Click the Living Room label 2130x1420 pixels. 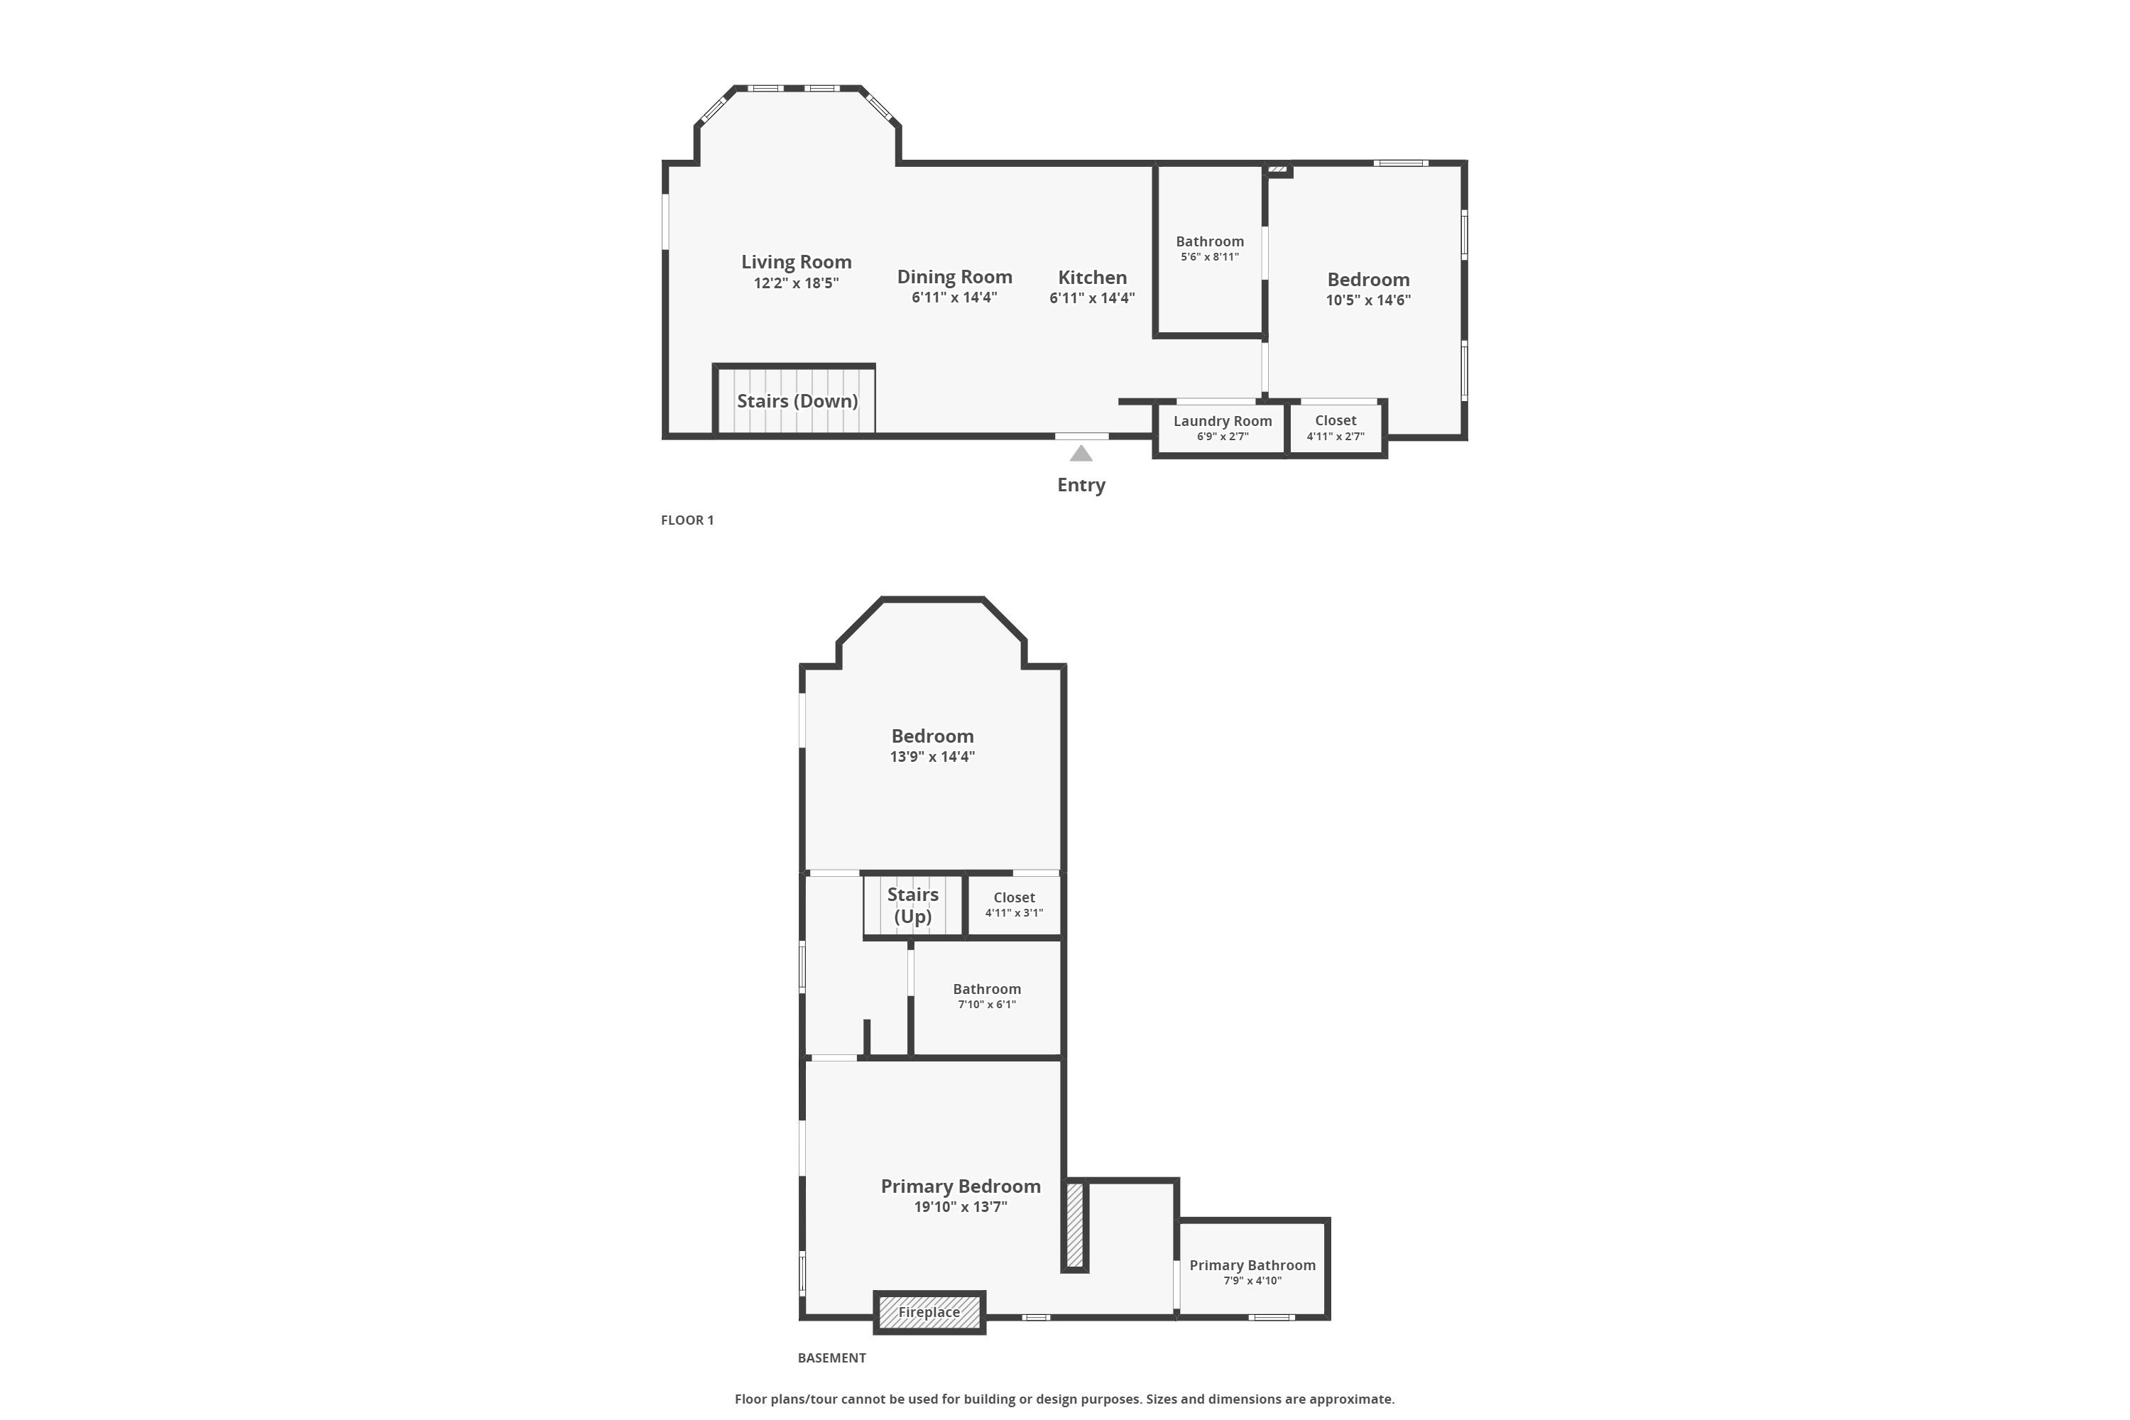pyautogui.click(x=796, y=262)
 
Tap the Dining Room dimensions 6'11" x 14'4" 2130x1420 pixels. pyautogui.click(x=954, y=297)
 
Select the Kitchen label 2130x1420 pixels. pyautogui.click(x=1092, y=277)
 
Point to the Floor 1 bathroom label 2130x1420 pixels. pyautogui.click(x=1209, y=241)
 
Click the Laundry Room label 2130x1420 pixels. pyautogui.click(x=1223, y=420)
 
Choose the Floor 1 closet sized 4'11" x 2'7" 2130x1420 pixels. pyautogui.click(x=1335, y=427)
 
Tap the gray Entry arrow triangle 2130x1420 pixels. pyautogui.click(x=1081, y=454)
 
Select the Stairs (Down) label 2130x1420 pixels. pyautogui.click(x=797, y=400)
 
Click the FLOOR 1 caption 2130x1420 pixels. pyautogui.click(x=687, y=520)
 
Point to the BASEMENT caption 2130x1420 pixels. pyautogui.click(x=831, y=1358)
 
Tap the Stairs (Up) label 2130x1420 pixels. pyautogui.click(x=913, y=905)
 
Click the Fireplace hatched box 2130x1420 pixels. pyautogui.click(x=929, y=1312)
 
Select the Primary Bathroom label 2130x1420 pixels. pyautogui.click(x=1252, y=1265)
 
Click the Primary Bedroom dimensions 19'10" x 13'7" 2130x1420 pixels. pyautogui.click(x=960, y=1206)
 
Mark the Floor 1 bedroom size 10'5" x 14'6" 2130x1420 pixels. pyautogui.click(x=1368, y=300)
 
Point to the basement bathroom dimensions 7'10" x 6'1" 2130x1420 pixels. pyautogui.click(x=986, y=1005)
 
